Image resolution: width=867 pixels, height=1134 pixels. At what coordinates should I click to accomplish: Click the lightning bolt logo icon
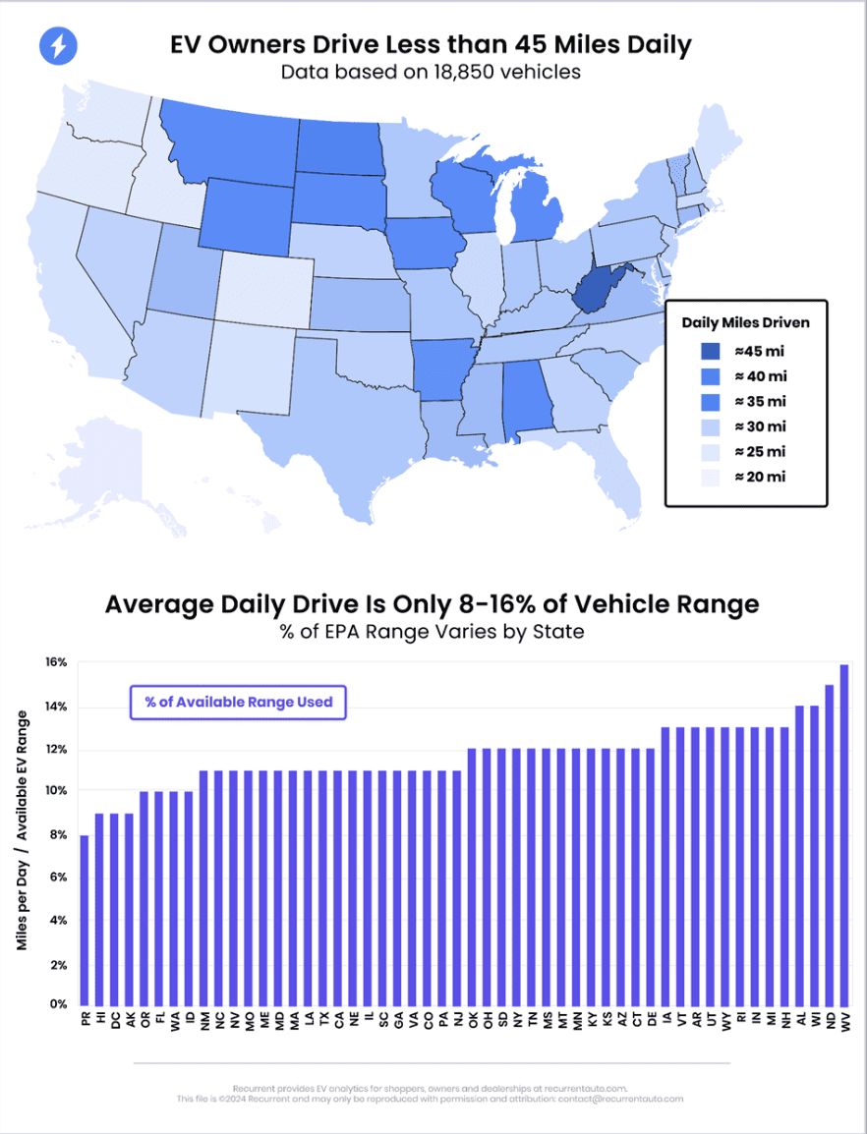point(58,45)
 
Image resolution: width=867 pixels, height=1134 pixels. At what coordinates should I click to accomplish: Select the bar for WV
point(844,835)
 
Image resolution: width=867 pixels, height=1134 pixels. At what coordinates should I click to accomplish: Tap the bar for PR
point(85,920)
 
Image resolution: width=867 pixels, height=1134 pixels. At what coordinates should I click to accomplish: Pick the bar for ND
point(830,845)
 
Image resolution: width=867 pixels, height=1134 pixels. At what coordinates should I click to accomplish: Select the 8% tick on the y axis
point(58,835)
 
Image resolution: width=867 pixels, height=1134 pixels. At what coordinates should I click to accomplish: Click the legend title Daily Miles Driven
point(746,321)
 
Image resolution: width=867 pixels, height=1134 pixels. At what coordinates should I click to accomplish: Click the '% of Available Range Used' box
point(238,703)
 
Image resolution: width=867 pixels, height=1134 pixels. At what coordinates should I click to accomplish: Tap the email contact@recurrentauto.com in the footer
point(619,1099)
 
